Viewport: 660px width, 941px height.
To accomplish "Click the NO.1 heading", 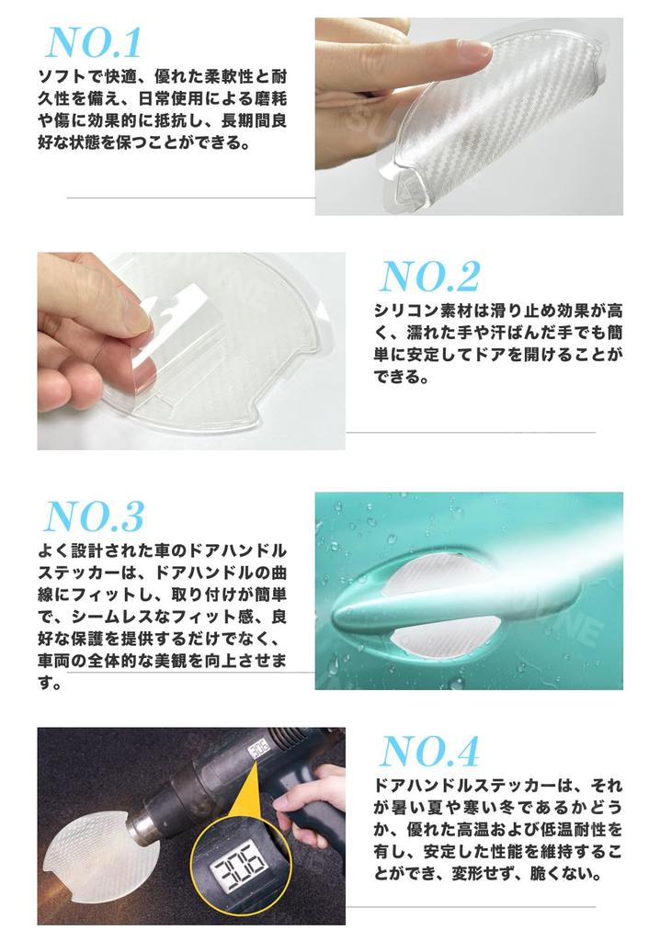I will click(94, 42).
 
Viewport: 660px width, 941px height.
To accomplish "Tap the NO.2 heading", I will click(429, 277).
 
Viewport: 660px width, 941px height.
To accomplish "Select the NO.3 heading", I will click(95, 517).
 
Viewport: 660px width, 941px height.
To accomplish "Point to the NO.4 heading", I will click(429, 752).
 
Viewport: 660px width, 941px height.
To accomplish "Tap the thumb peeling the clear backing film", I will click(129, 317).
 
